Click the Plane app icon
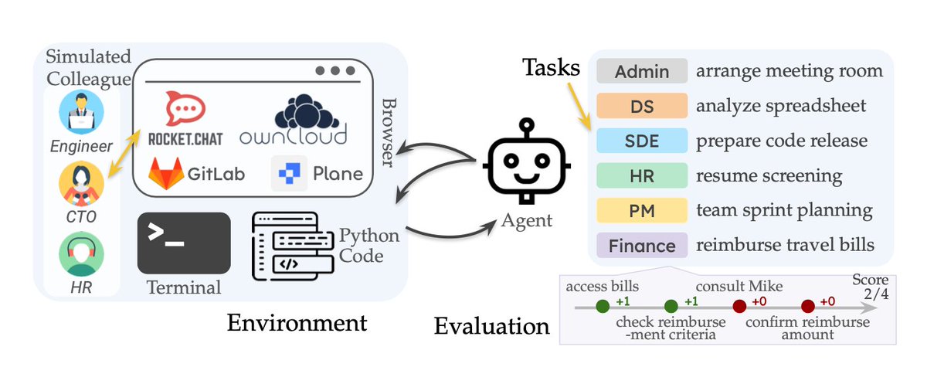pos(284,173)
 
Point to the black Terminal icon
pos(184,243)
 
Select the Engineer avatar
pos(81,111)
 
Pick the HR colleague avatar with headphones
pos(81,255)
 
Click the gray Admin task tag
pos(641,71)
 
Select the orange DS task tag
pos(641,106)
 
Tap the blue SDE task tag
pos(641,141)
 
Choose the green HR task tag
pos(641,176)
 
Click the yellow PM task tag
pos(641,211)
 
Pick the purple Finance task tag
pos(641,246)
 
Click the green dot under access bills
pos(603,307)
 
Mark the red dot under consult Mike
pos(739,307)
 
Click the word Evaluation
pos(491,326)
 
